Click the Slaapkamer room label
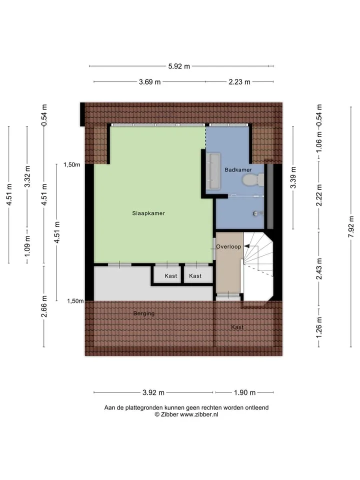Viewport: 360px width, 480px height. pos(148,213)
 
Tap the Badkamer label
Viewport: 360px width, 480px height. pos(238,170)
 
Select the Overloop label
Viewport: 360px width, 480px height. pos(228,246)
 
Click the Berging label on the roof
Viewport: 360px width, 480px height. pos(144,313)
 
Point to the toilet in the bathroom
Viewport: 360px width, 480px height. pos(253,180)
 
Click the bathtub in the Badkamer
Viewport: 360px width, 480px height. pos(213,171)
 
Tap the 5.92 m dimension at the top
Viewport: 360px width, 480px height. pos(179,66)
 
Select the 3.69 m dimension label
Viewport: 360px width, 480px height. pos(149,81)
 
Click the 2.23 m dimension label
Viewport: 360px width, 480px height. pos(239,81)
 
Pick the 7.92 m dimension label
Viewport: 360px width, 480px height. pos(351,226)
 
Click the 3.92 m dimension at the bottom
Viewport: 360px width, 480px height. pos(153,392)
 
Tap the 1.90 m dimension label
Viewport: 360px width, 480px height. pos(244,392)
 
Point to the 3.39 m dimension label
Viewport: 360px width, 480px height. pos(293,177)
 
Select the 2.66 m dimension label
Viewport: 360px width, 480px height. pos(44,306)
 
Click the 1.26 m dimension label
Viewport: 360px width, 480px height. pos(319,327)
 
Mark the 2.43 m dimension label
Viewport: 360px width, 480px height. pos(319,269)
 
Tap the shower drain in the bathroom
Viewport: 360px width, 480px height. pos(255,213)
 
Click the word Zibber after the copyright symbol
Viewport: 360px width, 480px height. pos(170,414)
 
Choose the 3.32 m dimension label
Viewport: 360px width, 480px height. pos(27,176)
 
